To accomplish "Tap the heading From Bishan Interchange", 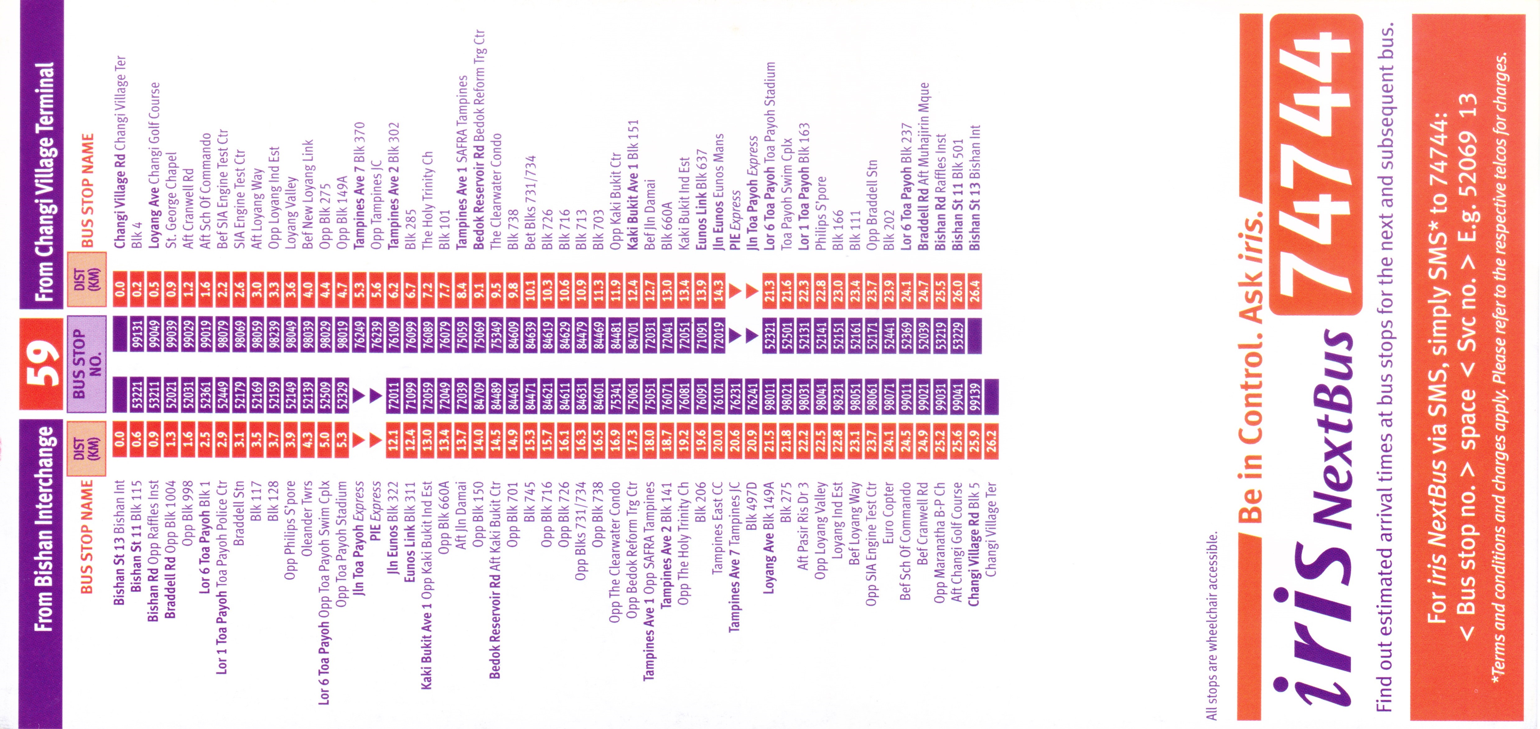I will coord(42,526).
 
